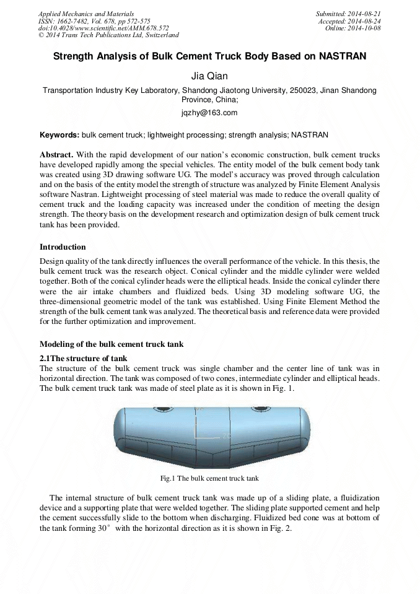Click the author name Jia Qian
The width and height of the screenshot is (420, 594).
(x=209, y=76)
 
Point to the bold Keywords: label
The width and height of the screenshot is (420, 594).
(x=59, y=134)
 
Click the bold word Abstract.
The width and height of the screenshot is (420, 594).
(x=56, y=154)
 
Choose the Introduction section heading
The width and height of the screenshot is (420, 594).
(x=63, y=247)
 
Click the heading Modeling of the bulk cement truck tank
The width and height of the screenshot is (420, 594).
(x=112, y=344)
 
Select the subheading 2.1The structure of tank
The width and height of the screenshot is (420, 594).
(x=83, y=358)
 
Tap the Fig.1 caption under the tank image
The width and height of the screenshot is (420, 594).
(x=209, y=478)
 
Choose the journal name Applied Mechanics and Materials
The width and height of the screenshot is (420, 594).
(x=85, y=13)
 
